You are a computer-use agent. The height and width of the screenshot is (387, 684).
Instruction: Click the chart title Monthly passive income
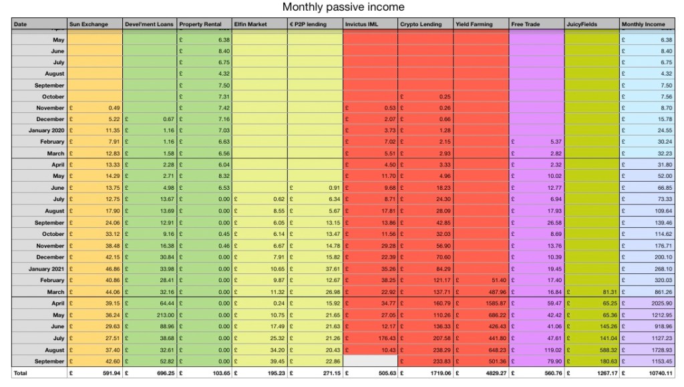pyautogui.click(x=343, y=7)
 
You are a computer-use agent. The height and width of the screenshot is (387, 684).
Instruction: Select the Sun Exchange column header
pyautogui.click(x=88, y=25)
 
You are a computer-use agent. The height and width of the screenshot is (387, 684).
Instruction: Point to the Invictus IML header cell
pyautogui.click(x=361, y=25)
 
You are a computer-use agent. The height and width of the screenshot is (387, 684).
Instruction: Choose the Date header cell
pyautogui.click(x=21, y=25)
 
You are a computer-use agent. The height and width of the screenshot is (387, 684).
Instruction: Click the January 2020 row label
pyautogui.click(x=47, y=130)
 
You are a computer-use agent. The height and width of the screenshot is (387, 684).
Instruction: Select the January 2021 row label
pyautogui.click(x=47, y=269)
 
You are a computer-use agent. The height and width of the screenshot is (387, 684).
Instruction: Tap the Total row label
pyautogui.click(x=21, y=373)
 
